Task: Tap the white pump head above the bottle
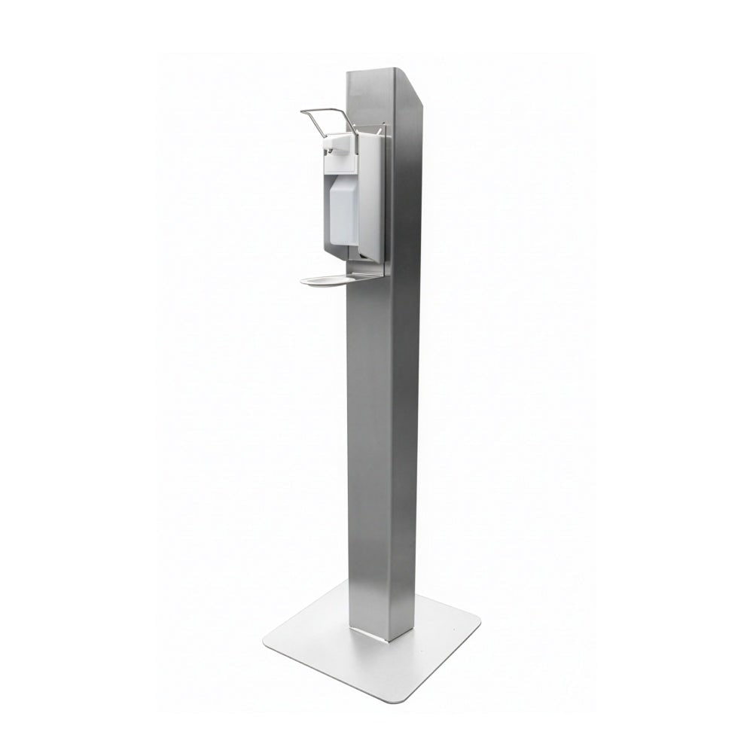(339, 143)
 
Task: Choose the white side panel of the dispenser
(370, 196)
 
